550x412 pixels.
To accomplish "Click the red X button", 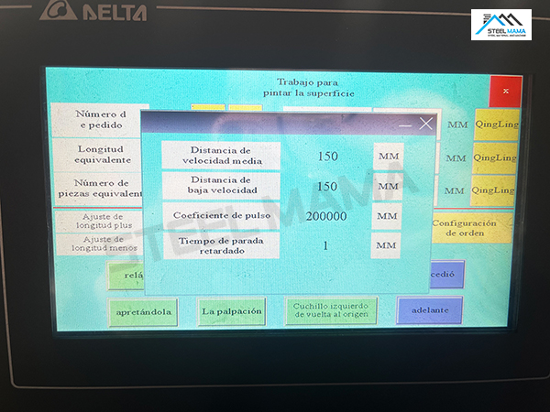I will click(x=505, y=91).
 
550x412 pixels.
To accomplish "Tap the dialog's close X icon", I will click(x=425, y=124).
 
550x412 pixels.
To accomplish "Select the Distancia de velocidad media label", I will click(x=221, y=156).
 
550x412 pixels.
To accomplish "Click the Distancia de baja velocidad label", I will click(x=221, y=186).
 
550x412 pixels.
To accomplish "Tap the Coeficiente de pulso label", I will click(x=221, y=216).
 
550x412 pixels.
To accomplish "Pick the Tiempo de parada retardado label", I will click(x=221, y=245).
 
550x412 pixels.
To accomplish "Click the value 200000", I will click(x=327, y=216).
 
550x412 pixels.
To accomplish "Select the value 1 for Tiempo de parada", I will click(x=325, y=245).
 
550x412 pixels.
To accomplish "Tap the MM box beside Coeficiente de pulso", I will click(x=388, y=216).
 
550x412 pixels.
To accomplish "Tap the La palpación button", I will click(x=232, y=311).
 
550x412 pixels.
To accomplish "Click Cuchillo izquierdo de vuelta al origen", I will click(x=331, y=311).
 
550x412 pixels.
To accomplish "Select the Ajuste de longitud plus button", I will click(x=96, y=222).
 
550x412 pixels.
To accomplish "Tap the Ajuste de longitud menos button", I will click(x=96, y=244).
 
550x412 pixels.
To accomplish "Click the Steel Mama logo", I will click(x=500, y=25).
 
